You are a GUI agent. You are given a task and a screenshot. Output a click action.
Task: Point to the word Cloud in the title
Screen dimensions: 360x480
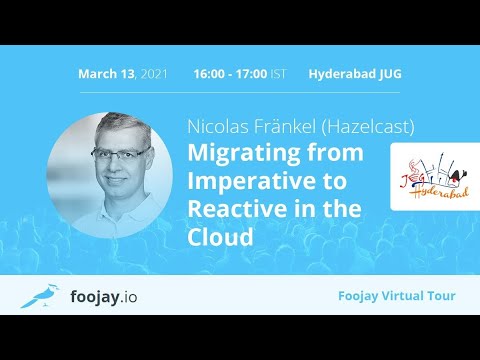coord(217,238)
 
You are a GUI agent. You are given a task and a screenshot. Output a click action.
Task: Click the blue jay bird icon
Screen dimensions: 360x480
coord(37,295)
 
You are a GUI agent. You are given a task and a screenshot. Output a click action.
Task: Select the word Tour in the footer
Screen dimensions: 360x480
coord(440,296)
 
